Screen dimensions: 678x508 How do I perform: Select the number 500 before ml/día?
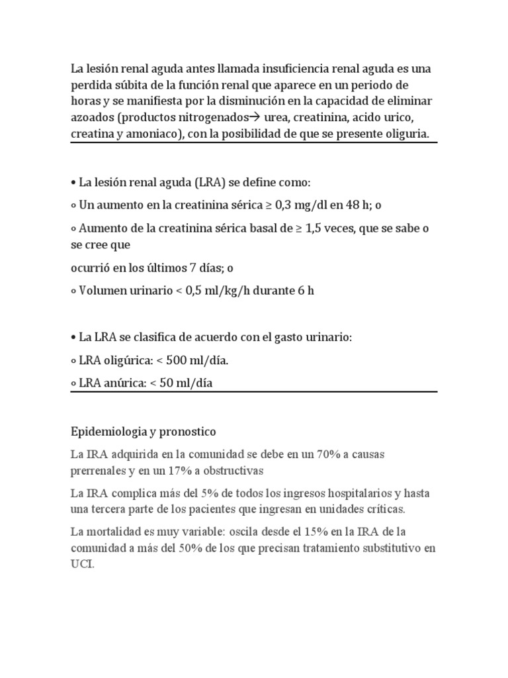pyautogui.click(x=188, y=361)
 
